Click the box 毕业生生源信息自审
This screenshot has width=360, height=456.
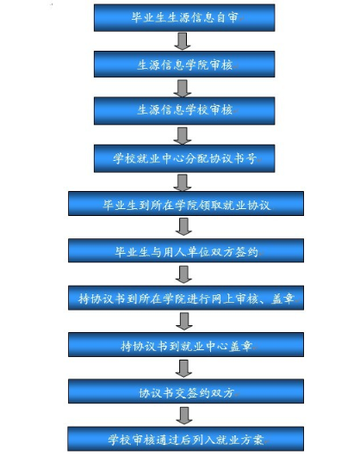tap(184, 17)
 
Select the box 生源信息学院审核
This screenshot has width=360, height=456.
tap(184, 65)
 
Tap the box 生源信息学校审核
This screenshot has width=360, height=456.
tap(184, 111)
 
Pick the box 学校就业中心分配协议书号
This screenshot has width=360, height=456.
tap(184, 158)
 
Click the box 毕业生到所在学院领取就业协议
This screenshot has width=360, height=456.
tap(186, 204)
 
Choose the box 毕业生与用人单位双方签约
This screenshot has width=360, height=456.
tap(186, 250)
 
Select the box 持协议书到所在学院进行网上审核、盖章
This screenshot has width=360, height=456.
tap(186, 298)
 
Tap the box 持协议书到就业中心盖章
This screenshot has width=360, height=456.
tap(186, 345)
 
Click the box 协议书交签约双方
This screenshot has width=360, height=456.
tap(186, 391)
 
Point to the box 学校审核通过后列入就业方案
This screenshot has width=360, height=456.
tap(186, 439)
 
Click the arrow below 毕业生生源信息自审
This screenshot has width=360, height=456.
tap(183, 41)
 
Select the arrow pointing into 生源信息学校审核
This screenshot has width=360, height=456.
tap(183, 88)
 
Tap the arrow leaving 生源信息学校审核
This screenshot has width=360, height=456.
tap(183, 136)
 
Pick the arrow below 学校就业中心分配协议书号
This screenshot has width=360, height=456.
tap(183, 182)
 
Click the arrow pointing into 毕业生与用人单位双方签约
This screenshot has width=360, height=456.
tap(183, 227)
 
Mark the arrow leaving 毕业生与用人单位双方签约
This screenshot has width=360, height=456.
tap(183, 274)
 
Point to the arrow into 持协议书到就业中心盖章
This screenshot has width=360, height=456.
tap(184, 322)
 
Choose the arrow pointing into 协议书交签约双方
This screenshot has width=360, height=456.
tap(183, 368)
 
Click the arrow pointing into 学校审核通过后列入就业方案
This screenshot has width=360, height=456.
tap(184, 416)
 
